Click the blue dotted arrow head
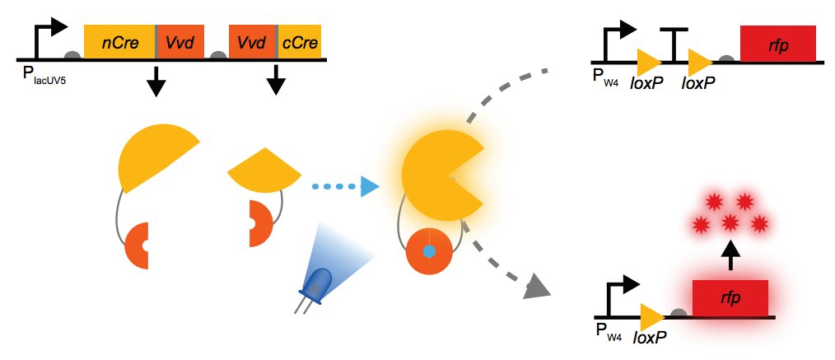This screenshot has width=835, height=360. (368, 187)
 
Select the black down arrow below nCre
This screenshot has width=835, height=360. (156, 80)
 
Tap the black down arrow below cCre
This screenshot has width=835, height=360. (276, 80)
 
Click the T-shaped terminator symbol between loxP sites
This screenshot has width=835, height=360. (674, 45)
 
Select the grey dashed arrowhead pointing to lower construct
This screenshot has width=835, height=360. (536, 285)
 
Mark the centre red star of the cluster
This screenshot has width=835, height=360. (730, 222)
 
